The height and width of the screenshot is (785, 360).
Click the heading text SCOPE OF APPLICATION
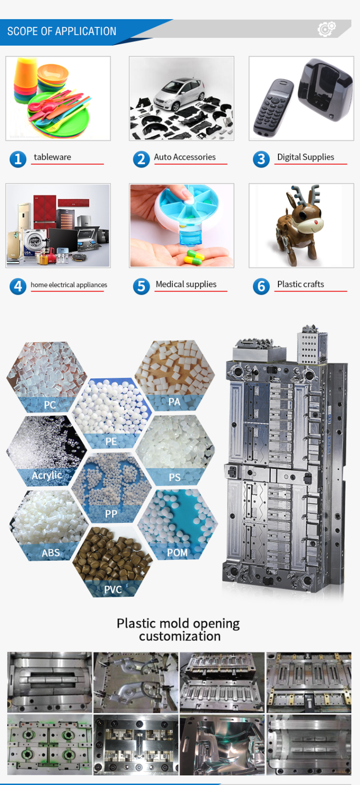[61, 31]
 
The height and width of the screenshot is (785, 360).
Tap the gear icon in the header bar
[326, 29]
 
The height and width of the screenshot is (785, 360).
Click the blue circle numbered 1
[18, 158]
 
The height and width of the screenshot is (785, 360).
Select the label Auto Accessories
[185, 157]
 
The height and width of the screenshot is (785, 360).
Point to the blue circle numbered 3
[261, 158]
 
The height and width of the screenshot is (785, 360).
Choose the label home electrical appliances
[69, 285]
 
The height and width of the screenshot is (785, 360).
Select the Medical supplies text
[186, 284]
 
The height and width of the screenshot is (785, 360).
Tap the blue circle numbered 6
[261, 286]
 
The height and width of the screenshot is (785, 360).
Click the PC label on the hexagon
[50, 405]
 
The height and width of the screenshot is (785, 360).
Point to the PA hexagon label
[174, 402]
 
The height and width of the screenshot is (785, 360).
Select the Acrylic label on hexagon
[47, 475]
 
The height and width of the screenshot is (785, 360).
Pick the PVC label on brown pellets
[113, 589]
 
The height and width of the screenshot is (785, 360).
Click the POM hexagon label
[177, 553]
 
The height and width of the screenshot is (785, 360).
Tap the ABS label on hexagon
[51, 553]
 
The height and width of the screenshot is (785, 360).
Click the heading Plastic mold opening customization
[179, 629]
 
